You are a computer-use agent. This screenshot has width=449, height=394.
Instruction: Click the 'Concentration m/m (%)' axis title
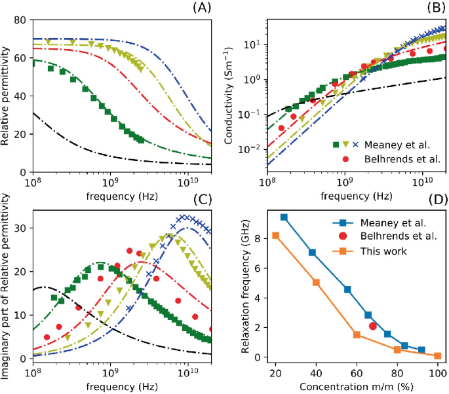pyautogui.click(x=356, y=386)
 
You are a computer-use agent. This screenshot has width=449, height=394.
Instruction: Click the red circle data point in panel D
pyautogui.click(x=373, y=326)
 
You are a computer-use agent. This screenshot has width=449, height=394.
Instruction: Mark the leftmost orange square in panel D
pyautogui.click(x=276, y=236)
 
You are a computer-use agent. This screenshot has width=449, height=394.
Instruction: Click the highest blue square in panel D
pyautogui.click(x=284, y=217)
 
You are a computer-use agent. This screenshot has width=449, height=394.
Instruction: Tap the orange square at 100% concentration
pyautogui.click(x=437, y=355)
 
